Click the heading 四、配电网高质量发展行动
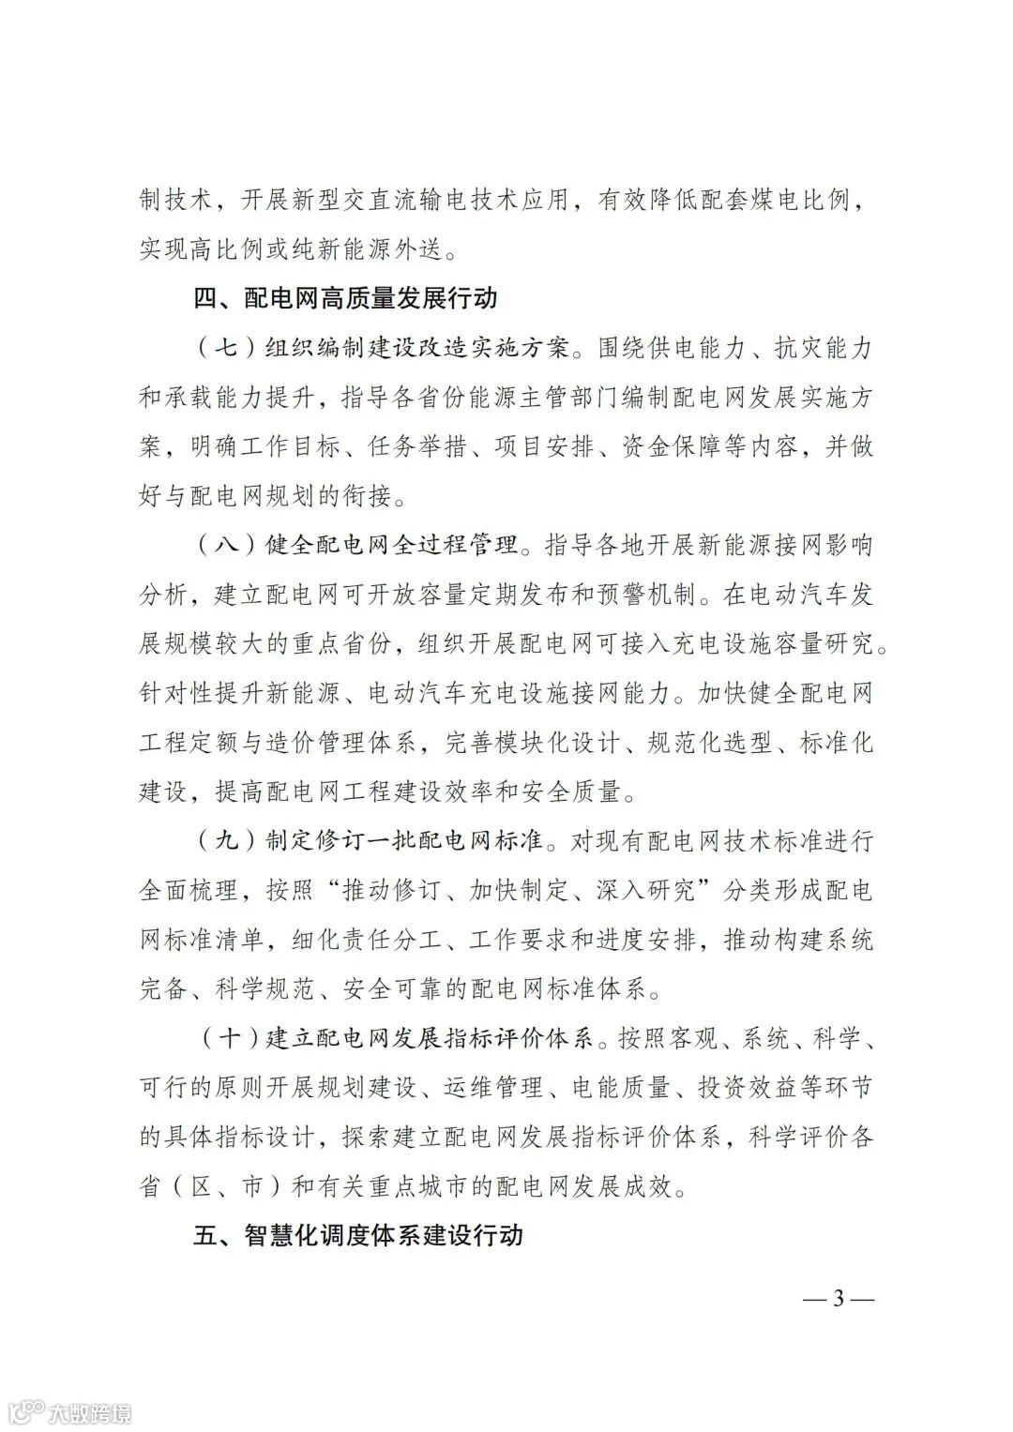[x=345, y=299]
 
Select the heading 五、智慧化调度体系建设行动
[x=357, y=1235]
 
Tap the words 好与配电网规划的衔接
[x=265, y=496]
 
